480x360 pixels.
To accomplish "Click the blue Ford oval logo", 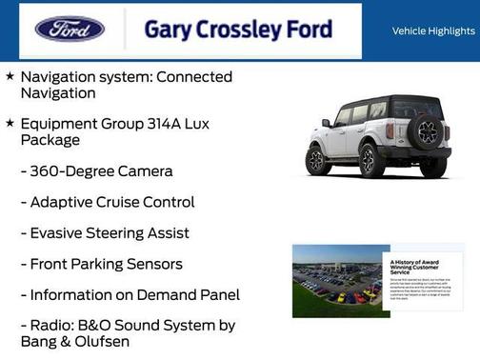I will point(70,29).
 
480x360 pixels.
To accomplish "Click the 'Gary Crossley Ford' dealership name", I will point(237,30).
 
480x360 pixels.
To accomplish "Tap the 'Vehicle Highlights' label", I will point(433,30).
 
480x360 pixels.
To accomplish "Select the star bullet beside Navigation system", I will point(10,75).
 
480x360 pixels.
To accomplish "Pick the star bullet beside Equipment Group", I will point(10,123).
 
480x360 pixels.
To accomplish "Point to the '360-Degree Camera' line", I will point(96,171).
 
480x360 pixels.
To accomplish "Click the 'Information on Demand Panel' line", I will point(130,294).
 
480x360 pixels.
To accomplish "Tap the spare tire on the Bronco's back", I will point(428,131).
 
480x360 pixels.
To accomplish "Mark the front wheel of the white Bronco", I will point(316,159).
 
